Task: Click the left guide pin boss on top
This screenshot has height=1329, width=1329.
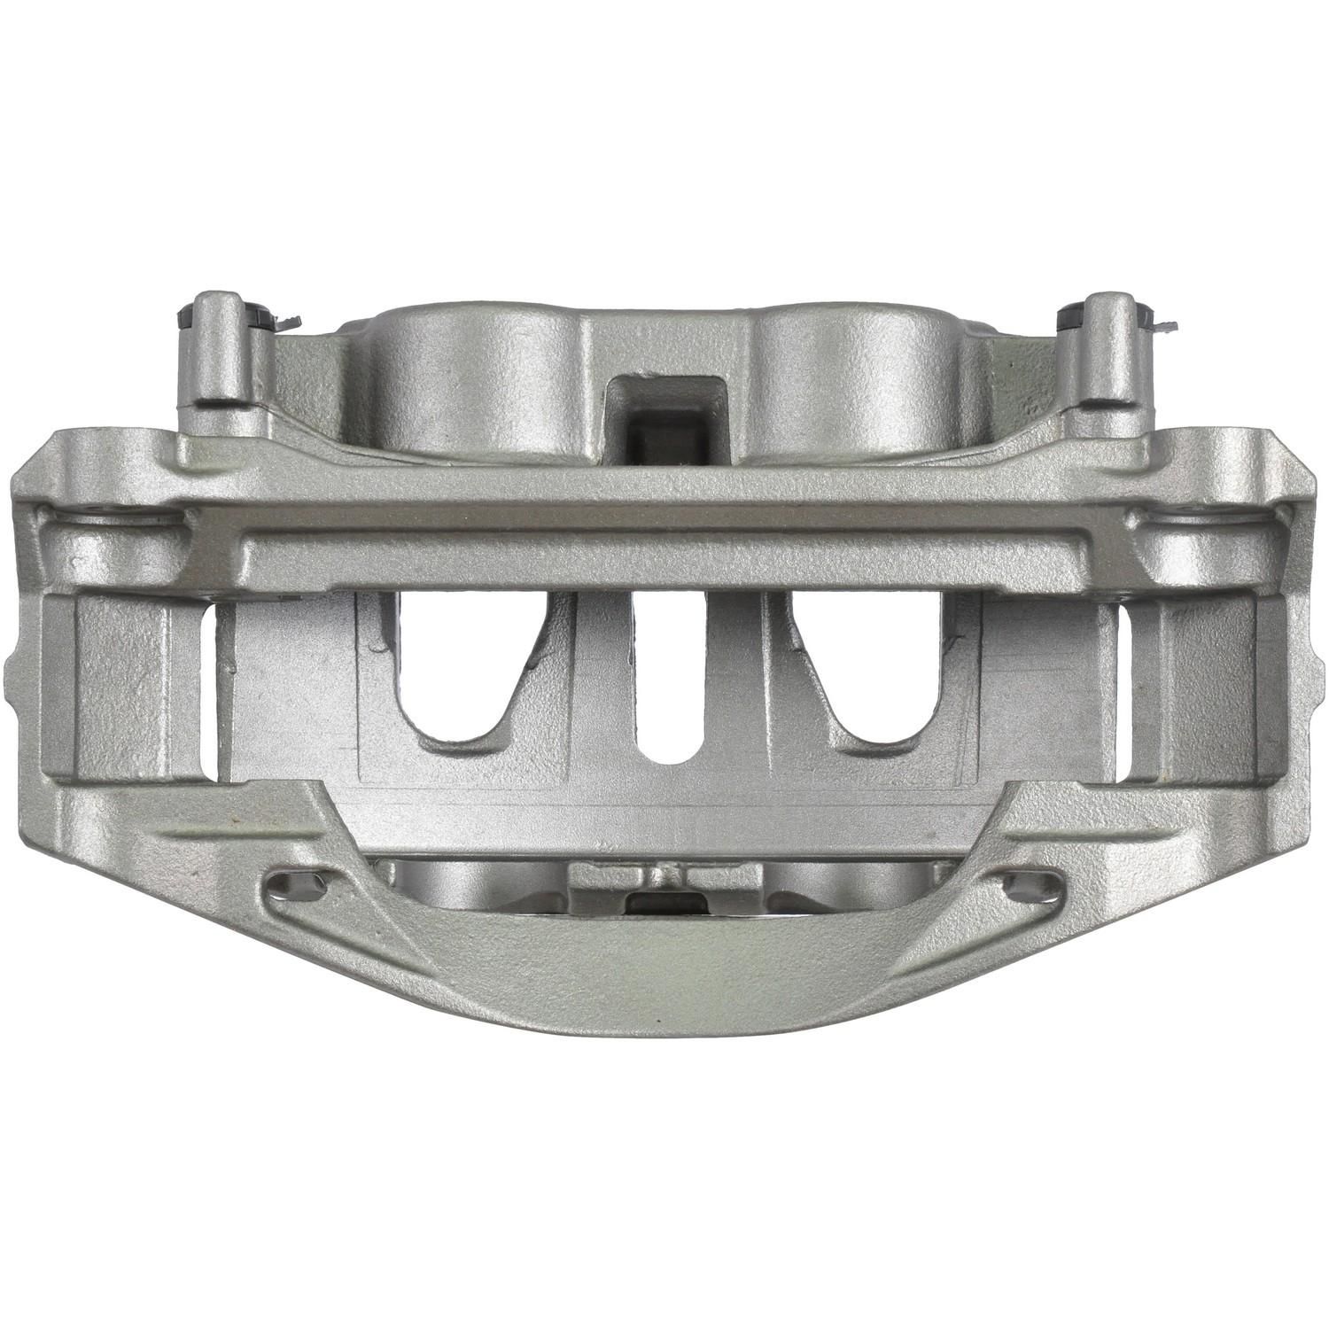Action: click(x=217, y=354)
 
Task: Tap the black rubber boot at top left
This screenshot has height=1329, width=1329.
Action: click(x=189, y=317)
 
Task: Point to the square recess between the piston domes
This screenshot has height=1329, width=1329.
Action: click(x=663, y=408)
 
